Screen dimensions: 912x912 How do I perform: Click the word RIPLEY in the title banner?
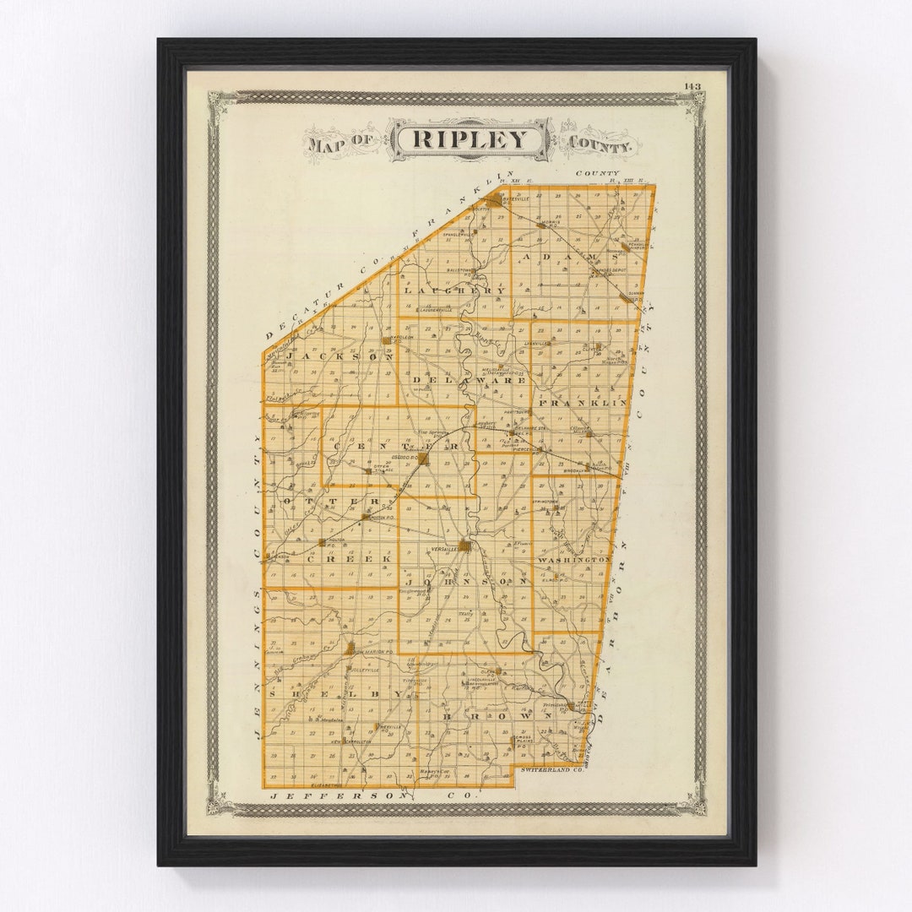point(470,139)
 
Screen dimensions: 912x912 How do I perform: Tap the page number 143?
point(692,86)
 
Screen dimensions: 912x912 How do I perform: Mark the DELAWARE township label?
point(470,381)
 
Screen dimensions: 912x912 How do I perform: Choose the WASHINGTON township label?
point(573,559)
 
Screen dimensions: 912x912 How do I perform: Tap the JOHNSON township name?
point(466,581)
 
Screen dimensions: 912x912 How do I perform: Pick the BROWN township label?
point(497,716)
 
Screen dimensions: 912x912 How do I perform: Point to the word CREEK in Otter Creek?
point(349,559)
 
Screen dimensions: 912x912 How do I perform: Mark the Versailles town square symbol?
point(464,546)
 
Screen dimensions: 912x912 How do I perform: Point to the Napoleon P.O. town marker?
point(387,340)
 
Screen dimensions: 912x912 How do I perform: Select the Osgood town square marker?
point(424,459)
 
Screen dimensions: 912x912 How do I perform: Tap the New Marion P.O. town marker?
point(349,649)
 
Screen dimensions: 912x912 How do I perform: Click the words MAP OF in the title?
point(342,142)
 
